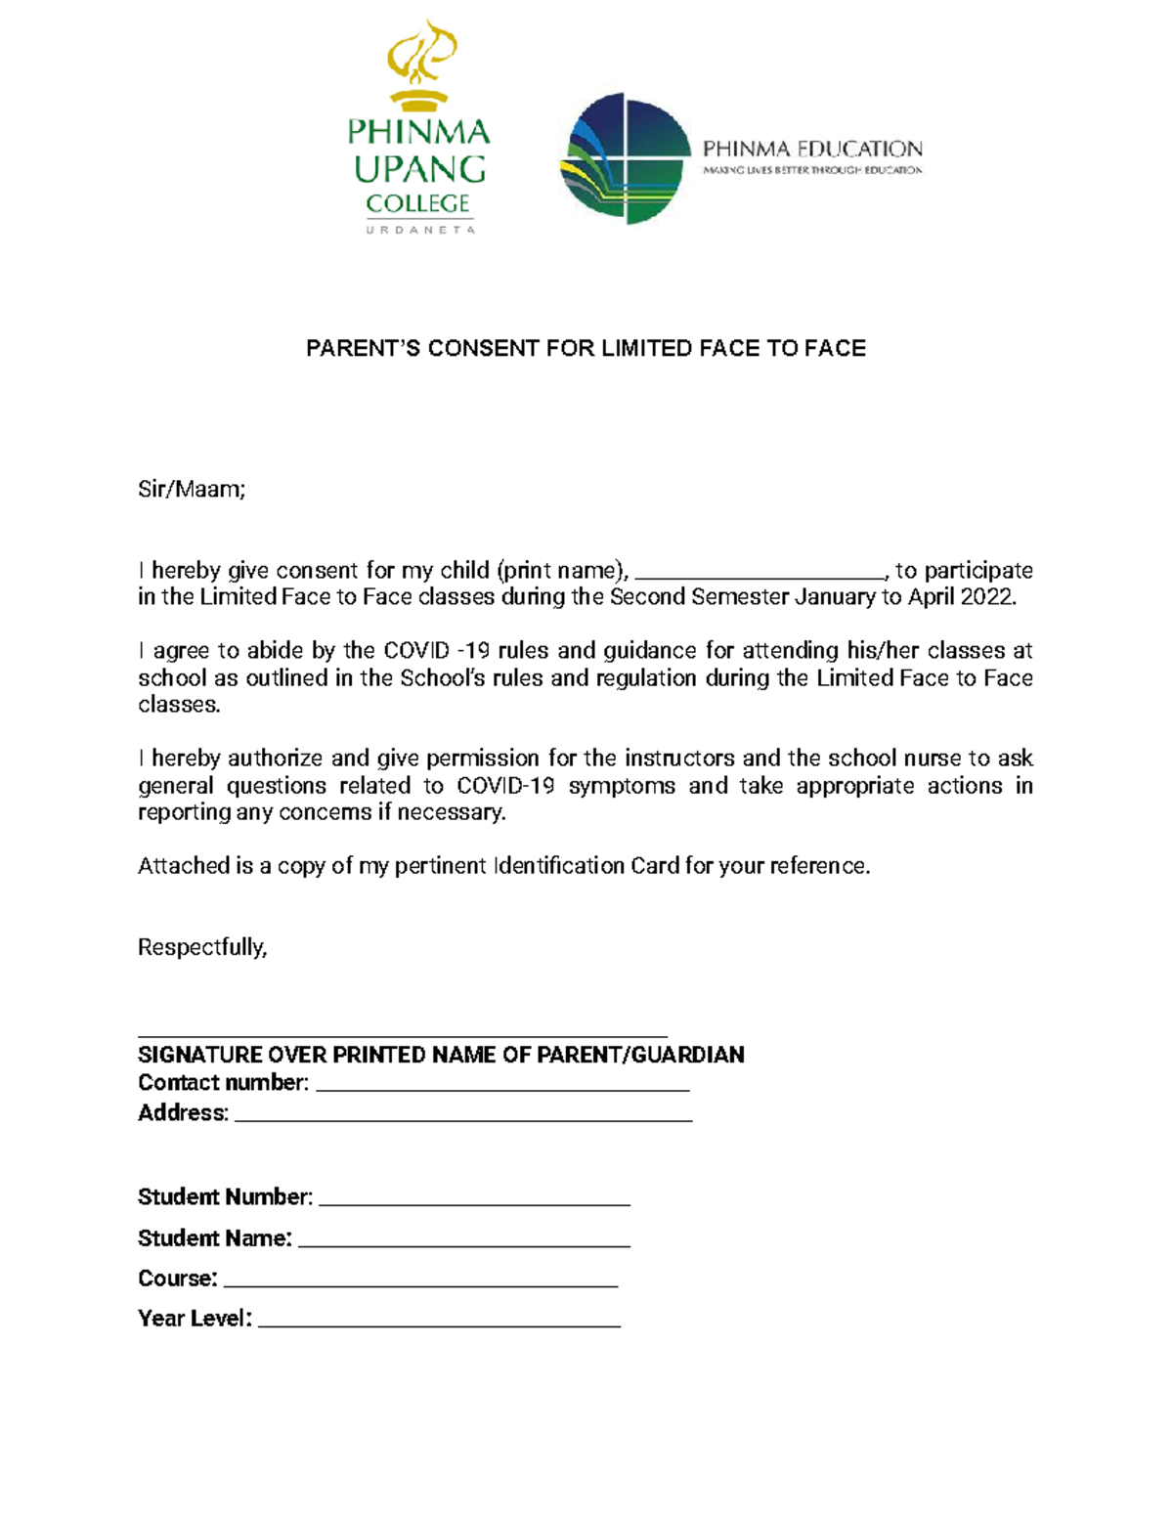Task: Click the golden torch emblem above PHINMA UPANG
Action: coord(420,64)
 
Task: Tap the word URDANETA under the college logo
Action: coord(420,230)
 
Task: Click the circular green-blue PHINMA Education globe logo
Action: coord(625,158)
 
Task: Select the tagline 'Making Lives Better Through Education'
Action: coord(812,170)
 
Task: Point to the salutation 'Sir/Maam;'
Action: coord(192,490)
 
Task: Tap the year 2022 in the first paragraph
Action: coord(986,597)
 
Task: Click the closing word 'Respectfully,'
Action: coord(202,947)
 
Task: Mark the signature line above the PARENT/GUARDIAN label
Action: coord(402,1034)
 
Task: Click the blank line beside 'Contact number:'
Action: coord(503,1088)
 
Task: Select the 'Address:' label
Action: coord(183,1113)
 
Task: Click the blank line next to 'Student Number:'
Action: coord(474,1203)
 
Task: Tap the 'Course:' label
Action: coord(177,1279)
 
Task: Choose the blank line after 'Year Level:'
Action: coord(439,1325)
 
